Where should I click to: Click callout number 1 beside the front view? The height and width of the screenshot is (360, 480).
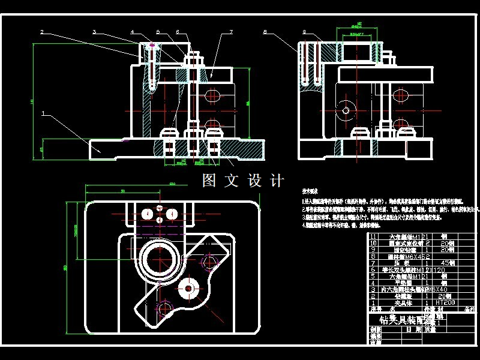click(43, 112)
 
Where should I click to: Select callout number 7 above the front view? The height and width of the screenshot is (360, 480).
click(222, 31)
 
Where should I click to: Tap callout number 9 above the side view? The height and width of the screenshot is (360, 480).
click(305, 31)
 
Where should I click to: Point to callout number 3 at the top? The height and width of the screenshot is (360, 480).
click(95, 31)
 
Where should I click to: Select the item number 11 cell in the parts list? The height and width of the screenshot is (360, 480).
click(373, 236)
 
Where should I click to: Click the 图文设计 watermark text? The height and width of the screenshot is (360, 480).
click(242, 181)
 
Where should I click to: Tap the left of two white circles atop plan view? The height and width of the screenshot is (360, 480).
click(146, 214)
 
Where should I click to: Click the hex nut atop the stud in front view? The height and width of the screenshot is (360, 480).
click(193, 59)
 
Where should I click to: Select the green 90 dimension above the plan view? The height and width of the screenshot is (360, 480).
click(122, 191)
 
